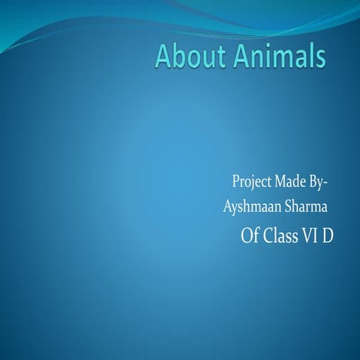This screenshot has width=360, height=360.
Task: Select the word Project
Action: (251, 182)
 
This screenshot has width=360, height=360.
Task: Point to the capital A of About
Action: (164, 57)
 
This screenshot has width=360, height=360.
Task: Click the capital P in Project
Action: (235, 182)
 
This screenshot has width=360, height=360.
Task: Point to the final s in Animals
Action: (321, 58)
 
